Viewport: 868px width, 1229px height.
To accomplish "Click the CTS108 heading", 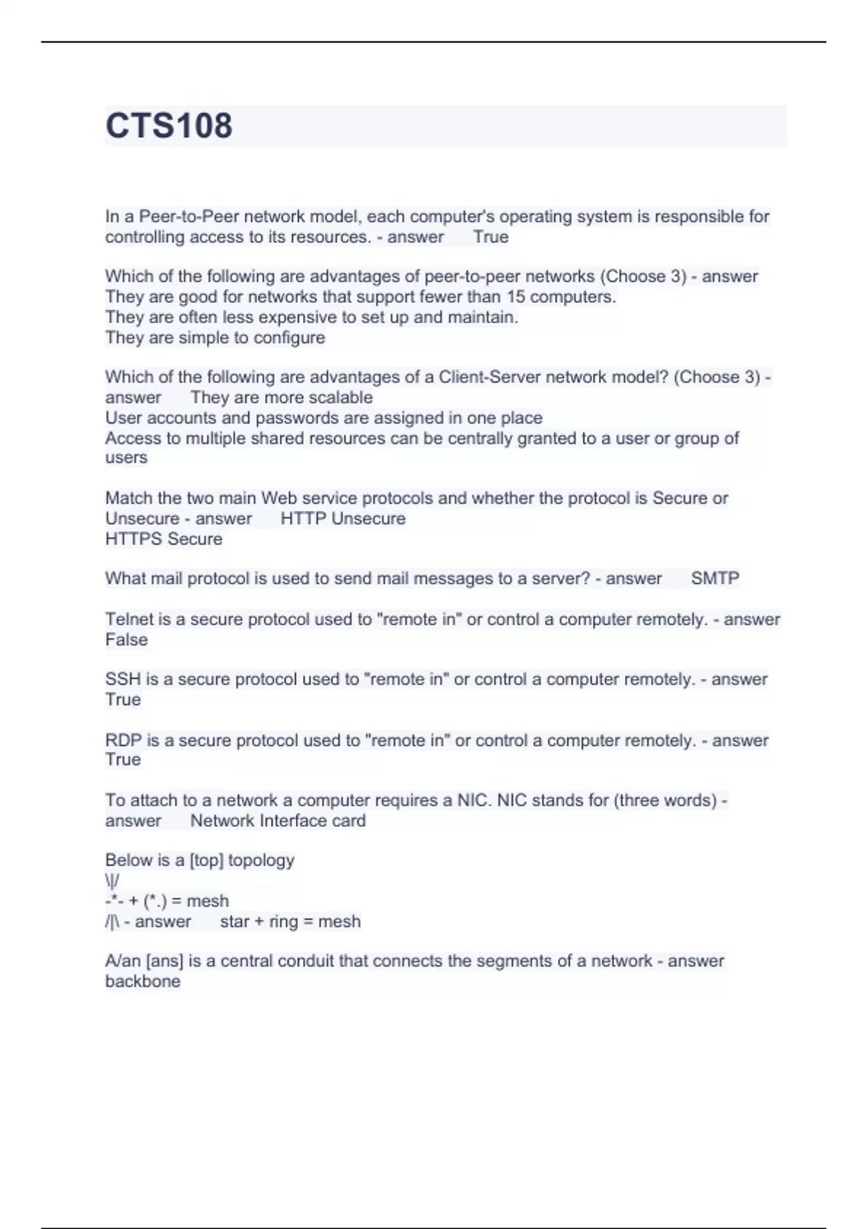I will [x=169, y=126].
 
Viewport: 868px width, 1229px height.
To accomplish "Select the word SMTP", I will [x=715, y=578].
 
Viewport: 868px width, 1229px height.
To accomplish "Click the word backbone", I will [x=142, y=982].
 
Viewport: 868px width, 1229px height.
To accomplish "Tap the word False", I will [x=126, y=640].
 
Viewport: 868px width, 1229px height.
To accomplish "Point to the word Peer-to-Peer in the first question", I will [x=188, y=217].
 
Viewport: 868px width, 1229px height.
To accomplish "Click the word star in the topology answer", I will [x=234, y=922].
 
